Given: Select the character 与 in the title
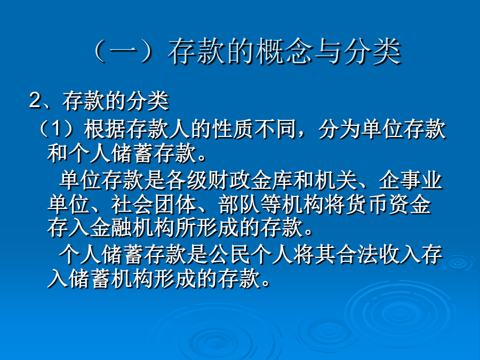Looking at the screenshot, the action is point(329,51).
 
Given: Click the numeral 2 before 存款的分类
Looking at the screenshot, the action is point(35,100).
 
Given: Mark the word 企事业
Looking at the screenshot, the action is point(410,181).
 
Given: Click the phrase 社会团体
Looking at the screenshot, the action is point(154,204).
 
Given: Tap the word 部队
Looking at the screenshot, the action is point(239,204).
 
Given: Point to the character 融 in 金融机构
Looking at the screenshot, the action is point(122,228).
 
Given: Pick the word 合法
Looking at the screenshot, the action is point(356,254).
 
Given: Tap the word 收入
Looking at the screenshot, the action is point(399,254).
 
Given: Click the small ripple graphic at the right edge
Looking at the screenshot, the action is point(458,262).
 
